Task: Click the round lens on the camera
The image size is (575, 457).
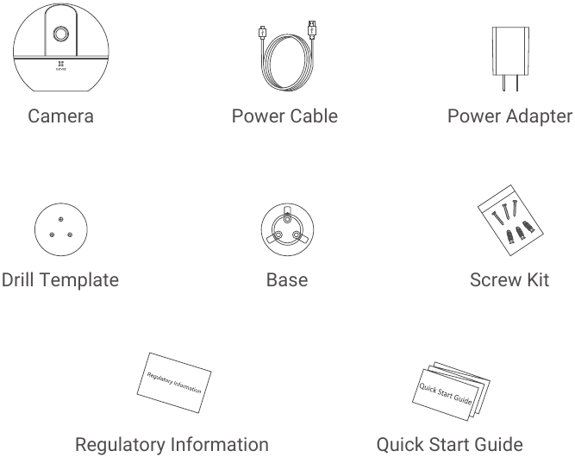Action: [60, 34]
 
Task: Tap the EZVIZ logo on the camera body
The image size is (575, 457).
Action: [61, 66]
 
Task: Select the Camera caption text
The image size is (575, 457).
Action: [61, 116]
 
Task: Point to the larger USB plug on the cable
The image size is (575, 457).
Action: [312, 30]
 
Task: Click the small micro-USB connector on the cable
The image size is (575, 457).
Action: [262, 33]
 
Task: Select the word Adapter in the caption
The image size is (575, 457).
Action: [541, 116]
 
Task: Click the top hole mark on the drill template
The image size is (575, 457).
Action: [61, 219]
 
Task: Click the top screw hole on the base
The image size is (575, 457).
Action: [288, 219]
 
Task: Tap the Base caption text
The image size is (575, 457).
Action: [287, 280]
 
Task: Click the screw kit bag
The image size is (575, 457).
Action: [510, 220]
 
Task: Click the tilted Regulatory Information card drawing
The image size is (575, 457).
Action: [174, 383]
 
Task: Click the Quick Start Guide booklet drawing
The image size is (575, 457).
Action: [451, 391]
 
